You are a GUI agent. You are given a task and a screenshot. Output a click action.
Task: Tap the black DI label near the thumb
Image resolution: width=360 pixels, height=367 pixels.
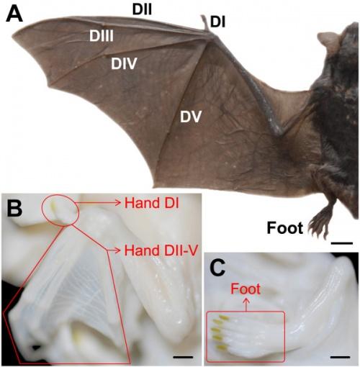pos(217,22)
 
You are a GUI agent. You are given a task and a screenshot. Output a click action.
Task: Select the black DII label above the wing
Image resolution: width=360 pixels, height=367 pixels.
pos(142,9)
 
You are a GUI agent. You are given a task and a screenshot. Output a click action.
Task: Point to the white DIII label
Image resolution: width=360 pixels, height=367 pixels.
pos(102,37)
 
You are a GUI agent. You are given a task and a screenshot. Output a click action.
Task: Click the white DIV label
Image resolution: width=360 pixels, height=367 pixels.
pos(124,63)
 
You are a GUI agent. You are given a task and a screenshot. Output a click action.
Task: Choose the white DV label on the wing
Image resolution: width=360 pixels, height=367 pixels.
pos(191,117)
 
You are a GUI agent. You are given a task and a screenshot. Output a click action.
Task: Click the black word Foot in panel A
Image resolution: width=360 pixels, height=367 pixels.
pos(285,228)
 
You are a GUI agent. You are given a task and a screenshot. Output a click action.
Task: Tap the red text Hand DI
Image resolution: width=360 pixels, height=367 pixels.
pos(152,203)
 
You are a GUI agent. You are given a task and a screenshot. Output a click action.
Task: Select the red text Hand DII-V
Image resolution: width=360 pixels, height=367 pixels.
pos(161,250)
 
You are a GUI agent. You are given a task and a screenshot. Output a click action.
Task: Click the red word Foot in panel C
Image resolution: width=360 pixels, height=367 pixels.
pos(246,289)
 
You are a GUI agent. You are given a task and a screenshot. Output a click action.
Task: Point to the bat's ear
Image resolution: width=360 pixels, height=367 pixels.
pos(328,40)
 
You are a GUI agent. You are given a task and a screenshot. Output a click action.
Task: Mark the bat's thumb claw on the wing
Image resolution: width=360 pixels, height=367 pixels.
pos(204,22)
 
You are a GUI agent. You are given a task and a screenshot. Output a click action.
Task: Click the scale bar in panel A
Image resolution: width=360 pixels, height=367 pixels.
pos(342,243)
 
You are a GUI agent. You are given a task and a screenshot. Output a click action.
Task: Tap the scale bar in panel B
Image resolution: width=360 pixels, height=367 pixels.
pos(183,357)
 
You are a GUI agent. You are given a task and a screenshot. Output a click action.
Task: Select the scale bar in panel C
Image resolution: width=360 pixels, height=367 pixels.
pos(341,357)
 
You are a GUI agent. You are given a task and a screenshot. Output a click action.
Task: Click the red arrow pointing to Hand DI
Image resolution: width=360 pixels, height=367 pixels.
pos(97,203)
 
